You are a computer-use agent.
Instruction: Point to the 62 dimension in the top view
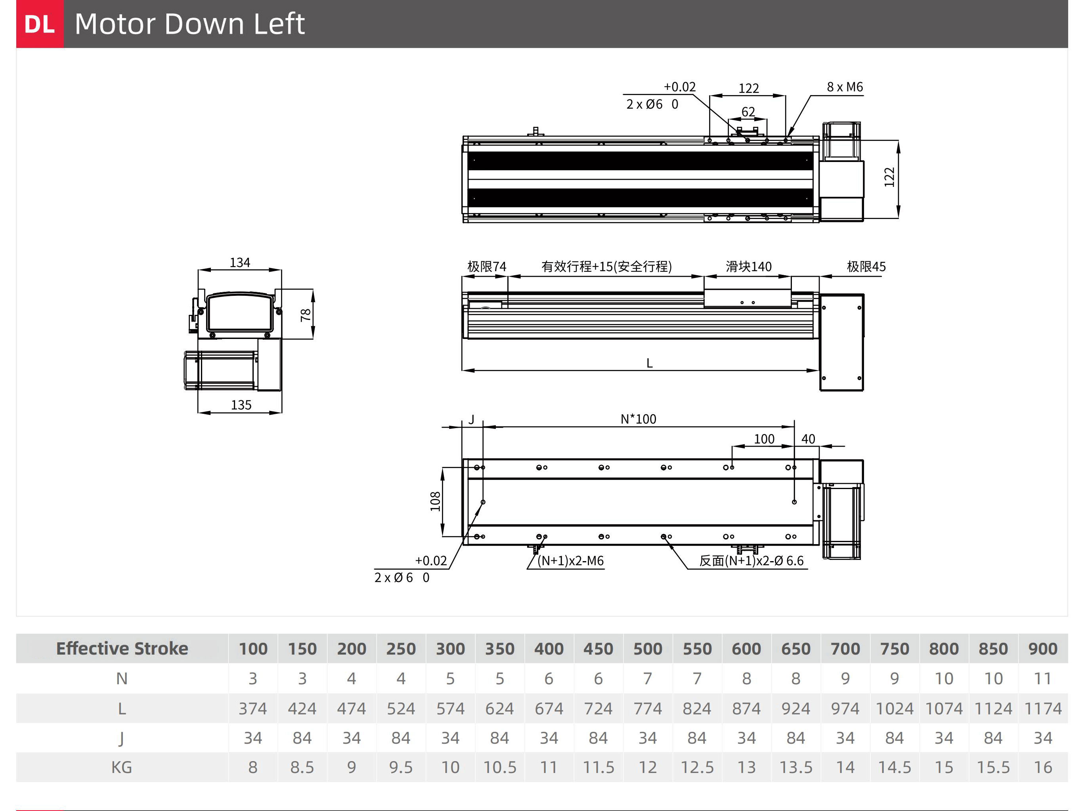748,112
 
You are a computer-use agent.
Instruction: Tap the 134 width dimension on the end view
240,263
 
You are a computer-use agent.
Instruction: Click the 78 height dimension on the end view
305,314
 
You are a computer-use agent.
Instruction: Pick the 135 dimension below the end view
241,405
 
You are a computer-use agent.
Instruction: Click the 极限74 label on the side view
487,267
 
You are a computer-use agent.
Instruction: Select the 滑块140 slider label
749,267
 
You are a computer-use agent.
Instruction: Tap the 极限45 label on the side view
866,267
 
